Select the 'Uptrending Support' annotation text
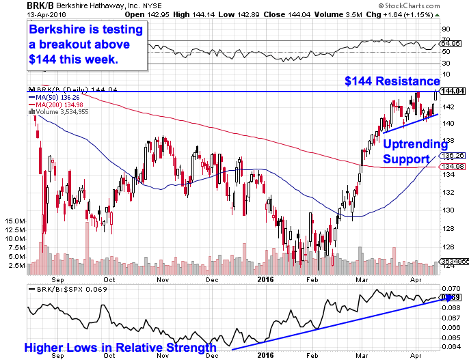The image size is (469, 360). click(x=405, y=152)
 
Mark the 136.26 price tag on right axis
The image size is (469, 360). click(x=455, y=156)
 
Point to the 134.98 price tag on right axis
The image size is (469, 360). click(x=455, y=165)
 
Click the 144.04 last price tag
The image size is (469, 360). click(x=455, y=91)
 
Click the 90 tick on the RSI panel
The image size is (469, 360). click(x=446, y=29)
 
